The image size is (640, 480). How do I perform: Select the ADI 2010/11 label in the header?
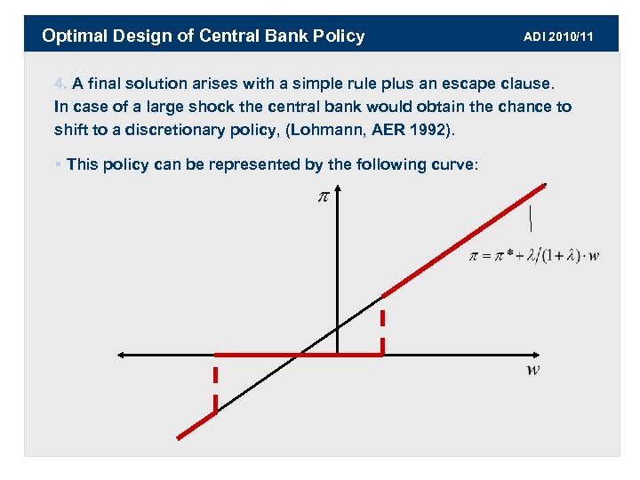pyautogui.click(x=558, y=36)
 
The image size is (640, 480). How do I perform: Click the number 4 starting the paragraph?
pyautogui.click(x=59, y=84)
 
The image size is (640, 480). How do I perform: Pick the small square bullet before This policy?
pyautogui.click(x=57, y=164)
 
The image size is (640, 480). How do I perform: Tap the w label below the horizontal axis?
pyautogui.click(x=532, y=370)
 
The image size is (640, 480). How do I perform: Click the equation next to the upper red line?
pyautogui.click(x=533, y=256)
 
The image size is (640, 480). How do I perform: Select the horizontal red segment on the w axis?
pyautogui.click(x=298, y=355)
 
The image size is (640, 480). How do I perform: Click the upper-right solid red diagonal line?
pyautogui.click(x=462, y=240)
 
